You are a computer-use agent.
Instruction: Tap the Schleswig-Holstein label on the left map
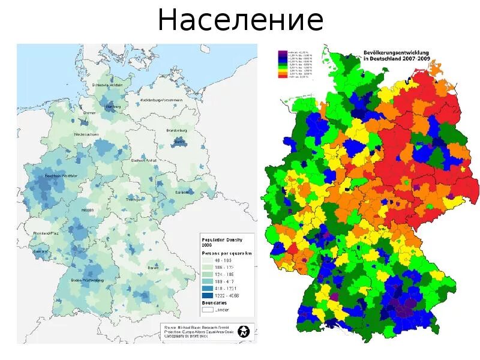click(108, 85)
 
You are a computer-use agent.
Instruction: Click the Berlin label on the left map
click(178, 142)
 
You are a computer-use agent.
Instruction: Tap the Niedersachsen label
click(87, 134)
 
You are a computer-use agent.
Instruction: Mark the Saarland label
click(41, 251)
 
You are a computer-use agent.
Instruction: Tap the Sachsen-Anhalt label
click(143, 161)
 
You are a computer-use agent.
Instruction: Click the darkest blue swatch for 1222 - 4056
click(207, 296)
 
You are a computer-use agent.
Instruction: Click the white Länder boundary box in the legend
click(207, 310)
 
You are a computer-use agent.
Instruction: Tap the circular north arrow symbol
click(244, 331)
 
